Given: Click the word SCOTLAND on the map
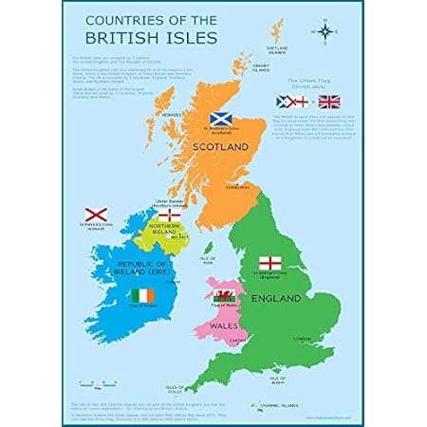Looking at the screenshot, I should pyautogui.click(x=220, y=147).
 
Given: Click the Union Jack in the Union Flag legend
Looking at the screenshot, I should pyautogui.click(x=328, y=101).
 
